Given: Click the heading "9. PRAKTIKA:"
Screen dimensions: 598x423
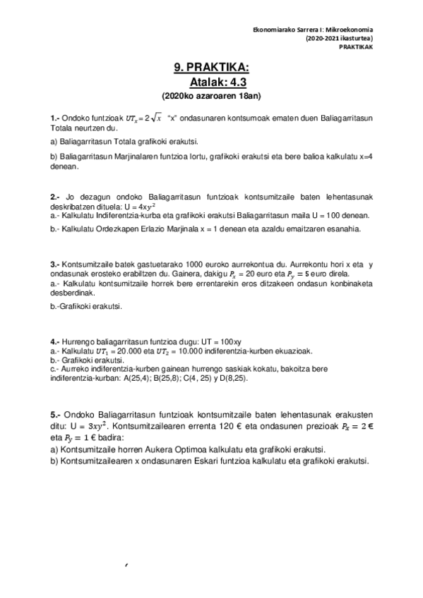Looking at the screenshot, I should tap(211, 68).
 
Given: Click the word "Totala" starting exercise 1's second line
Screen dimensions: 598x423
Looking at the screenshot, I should tap(64, 129).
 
